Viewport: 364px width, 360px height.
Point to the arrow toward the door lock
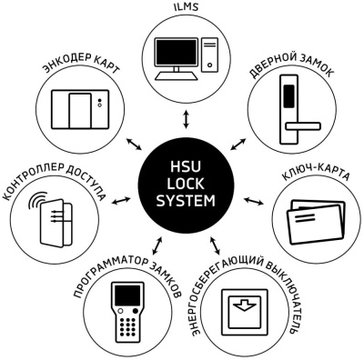click(239, 143)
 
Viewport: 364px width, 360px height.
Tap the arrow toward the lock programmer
click(157, 245)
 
